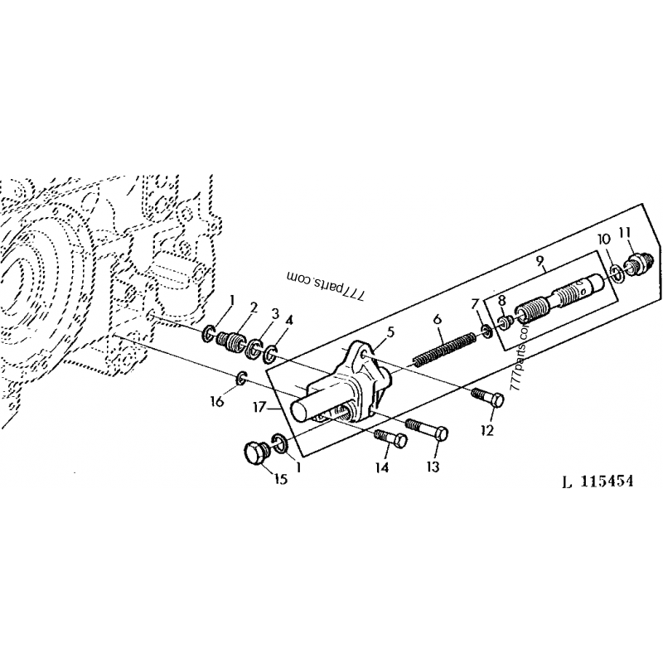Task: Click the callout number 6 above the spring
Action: click(x=438, y=319)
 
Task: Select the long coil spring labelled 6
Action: click(x=443, y=348)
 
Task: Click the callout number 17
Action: click(x=259, y=408)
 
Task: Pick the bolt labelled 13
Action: click(x=427, y=428)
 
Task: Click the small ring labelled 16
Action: click(x=241, y=378)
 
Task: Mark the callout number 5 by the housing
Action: click(x=390, y=332)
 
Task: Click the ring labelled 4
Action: click(x=270, y=355)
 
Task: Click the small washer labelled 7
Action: click(x=486, y=330)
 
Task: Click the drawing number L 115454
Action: click(x=598, y=482)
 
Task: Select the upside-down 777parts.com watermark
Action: click(x=325, y=284)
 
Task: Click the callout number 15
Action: click(x=281, y=479)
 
